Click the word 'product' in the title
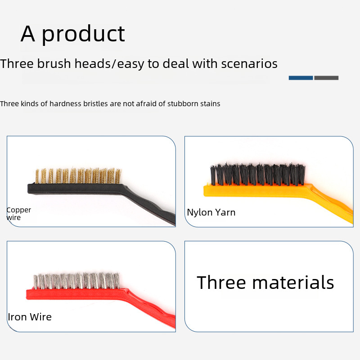click(x=83, y=34)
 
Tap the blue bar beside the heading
click(x=301, y=78)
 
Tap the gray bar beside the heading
click(x=326, y=78)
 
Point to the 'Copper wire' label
click(x=18, y=214)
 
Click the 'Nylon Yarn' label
click(x=211, y=212)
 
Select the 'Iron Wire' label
click(x=30, y=317)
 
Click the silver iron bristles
click(x=76, y=281)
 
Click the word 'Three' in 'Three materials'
click(x=221, y=283)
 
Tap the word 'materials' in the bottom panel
click(x=293, y=283)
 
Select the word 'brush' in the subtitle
click(x=54, y=63)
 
